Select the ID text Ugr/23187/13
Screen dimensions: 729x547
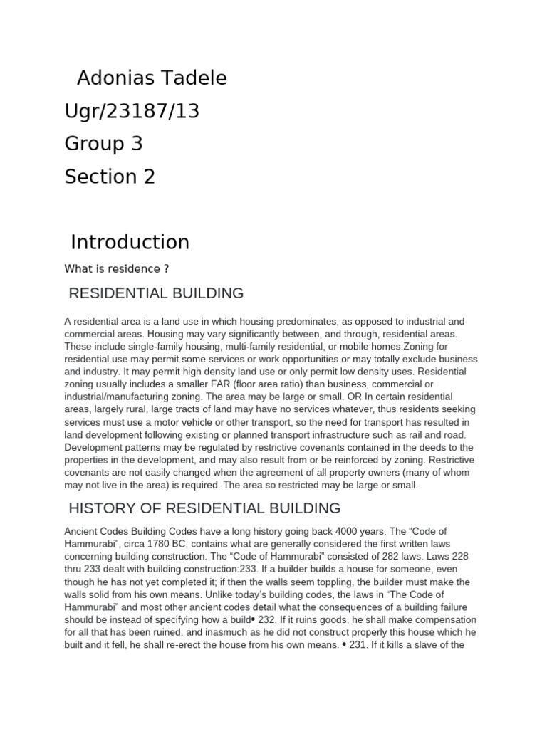(132, 111)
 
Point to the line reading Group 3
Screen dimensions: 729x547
(104, 144)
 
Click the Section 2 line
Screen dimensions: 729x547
(110, 177)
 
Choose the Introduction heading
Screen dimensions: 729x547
(130, 242)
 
